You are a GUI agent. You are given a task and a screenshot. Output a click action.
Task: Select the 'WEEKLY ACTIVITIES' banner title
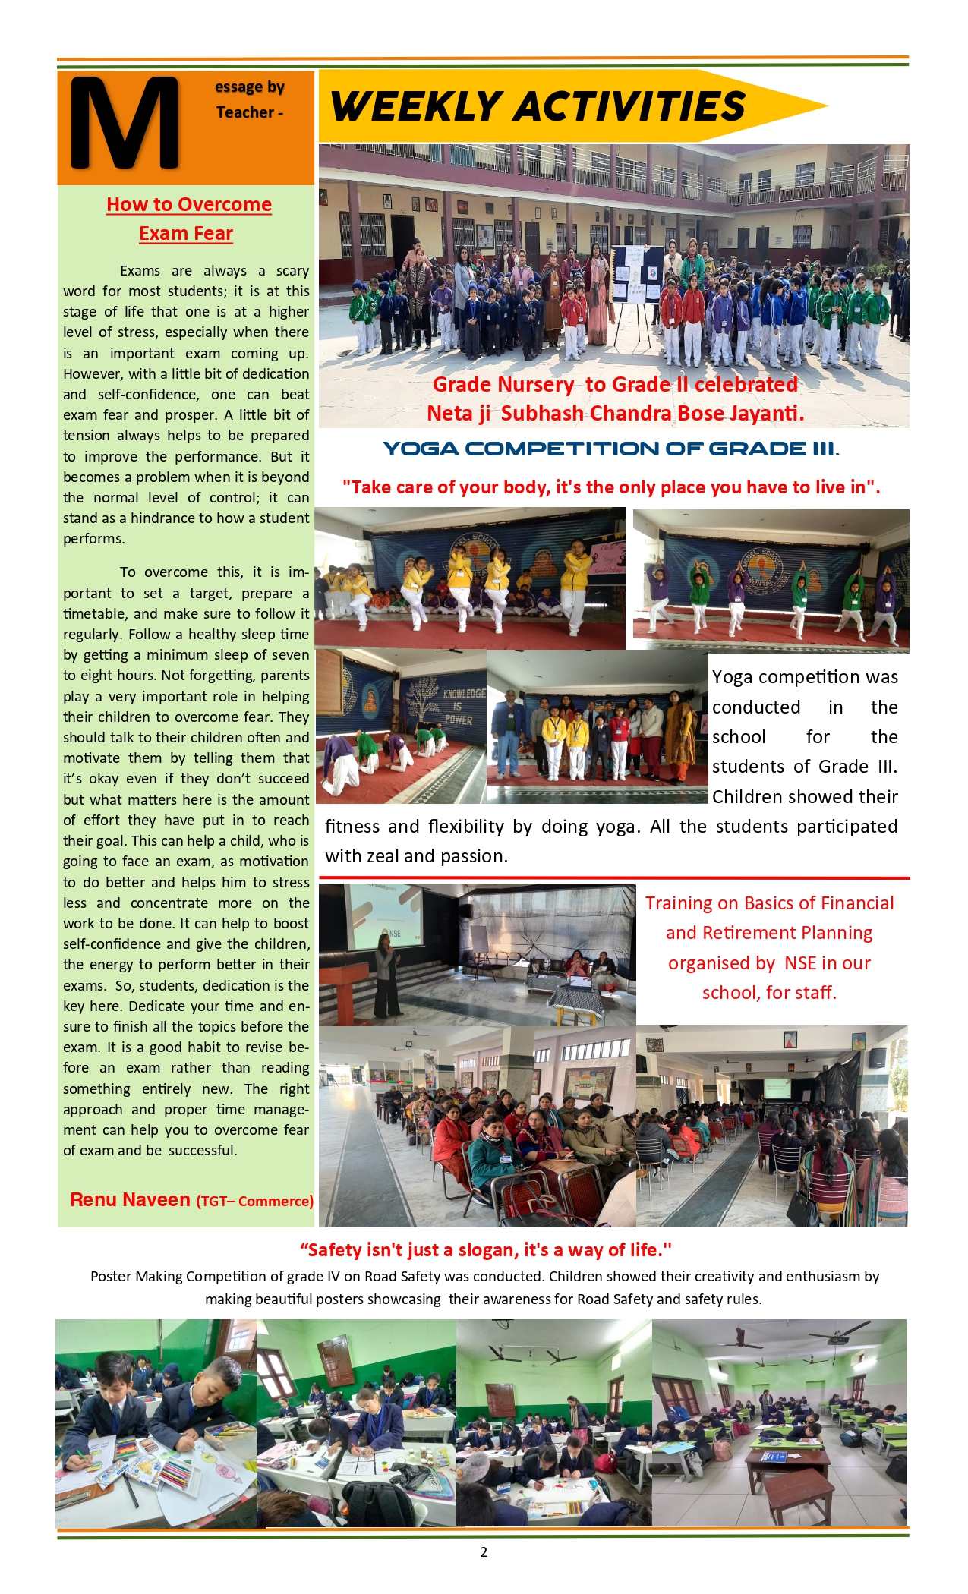point(538,106)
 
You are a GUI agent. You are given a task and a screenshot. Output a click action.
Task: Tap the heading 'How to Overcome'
point(189,205)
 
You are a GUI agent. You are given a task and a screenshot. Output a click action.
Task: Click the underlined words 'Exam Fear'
point(186,234)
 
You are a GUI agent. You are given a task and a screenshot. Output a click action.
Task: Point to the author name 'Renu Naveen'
point(130,1200)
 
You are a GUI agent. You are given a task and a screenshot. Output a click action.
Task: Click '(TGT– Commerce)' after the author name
point(255,1202)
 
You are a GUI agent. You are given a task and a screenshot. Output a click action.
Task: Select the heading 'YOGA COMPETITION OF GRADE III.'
point(611,449)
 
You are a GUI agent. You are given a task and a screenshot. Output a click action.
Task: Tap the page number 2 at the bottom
point(484,1552)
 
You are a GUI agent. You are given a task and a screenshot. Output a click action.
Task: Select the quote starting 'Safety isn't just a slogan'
point(486,1250)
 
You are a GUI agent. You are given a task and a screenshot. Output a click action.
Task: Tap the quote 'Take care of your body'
point(611,487)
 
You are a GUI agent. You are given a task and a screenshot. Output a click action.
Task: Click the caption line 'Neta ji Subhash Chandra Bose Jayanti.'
point(615,414)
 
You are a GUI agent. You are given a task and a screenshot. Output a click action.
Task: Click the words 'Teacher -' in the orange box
point(250,112)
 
